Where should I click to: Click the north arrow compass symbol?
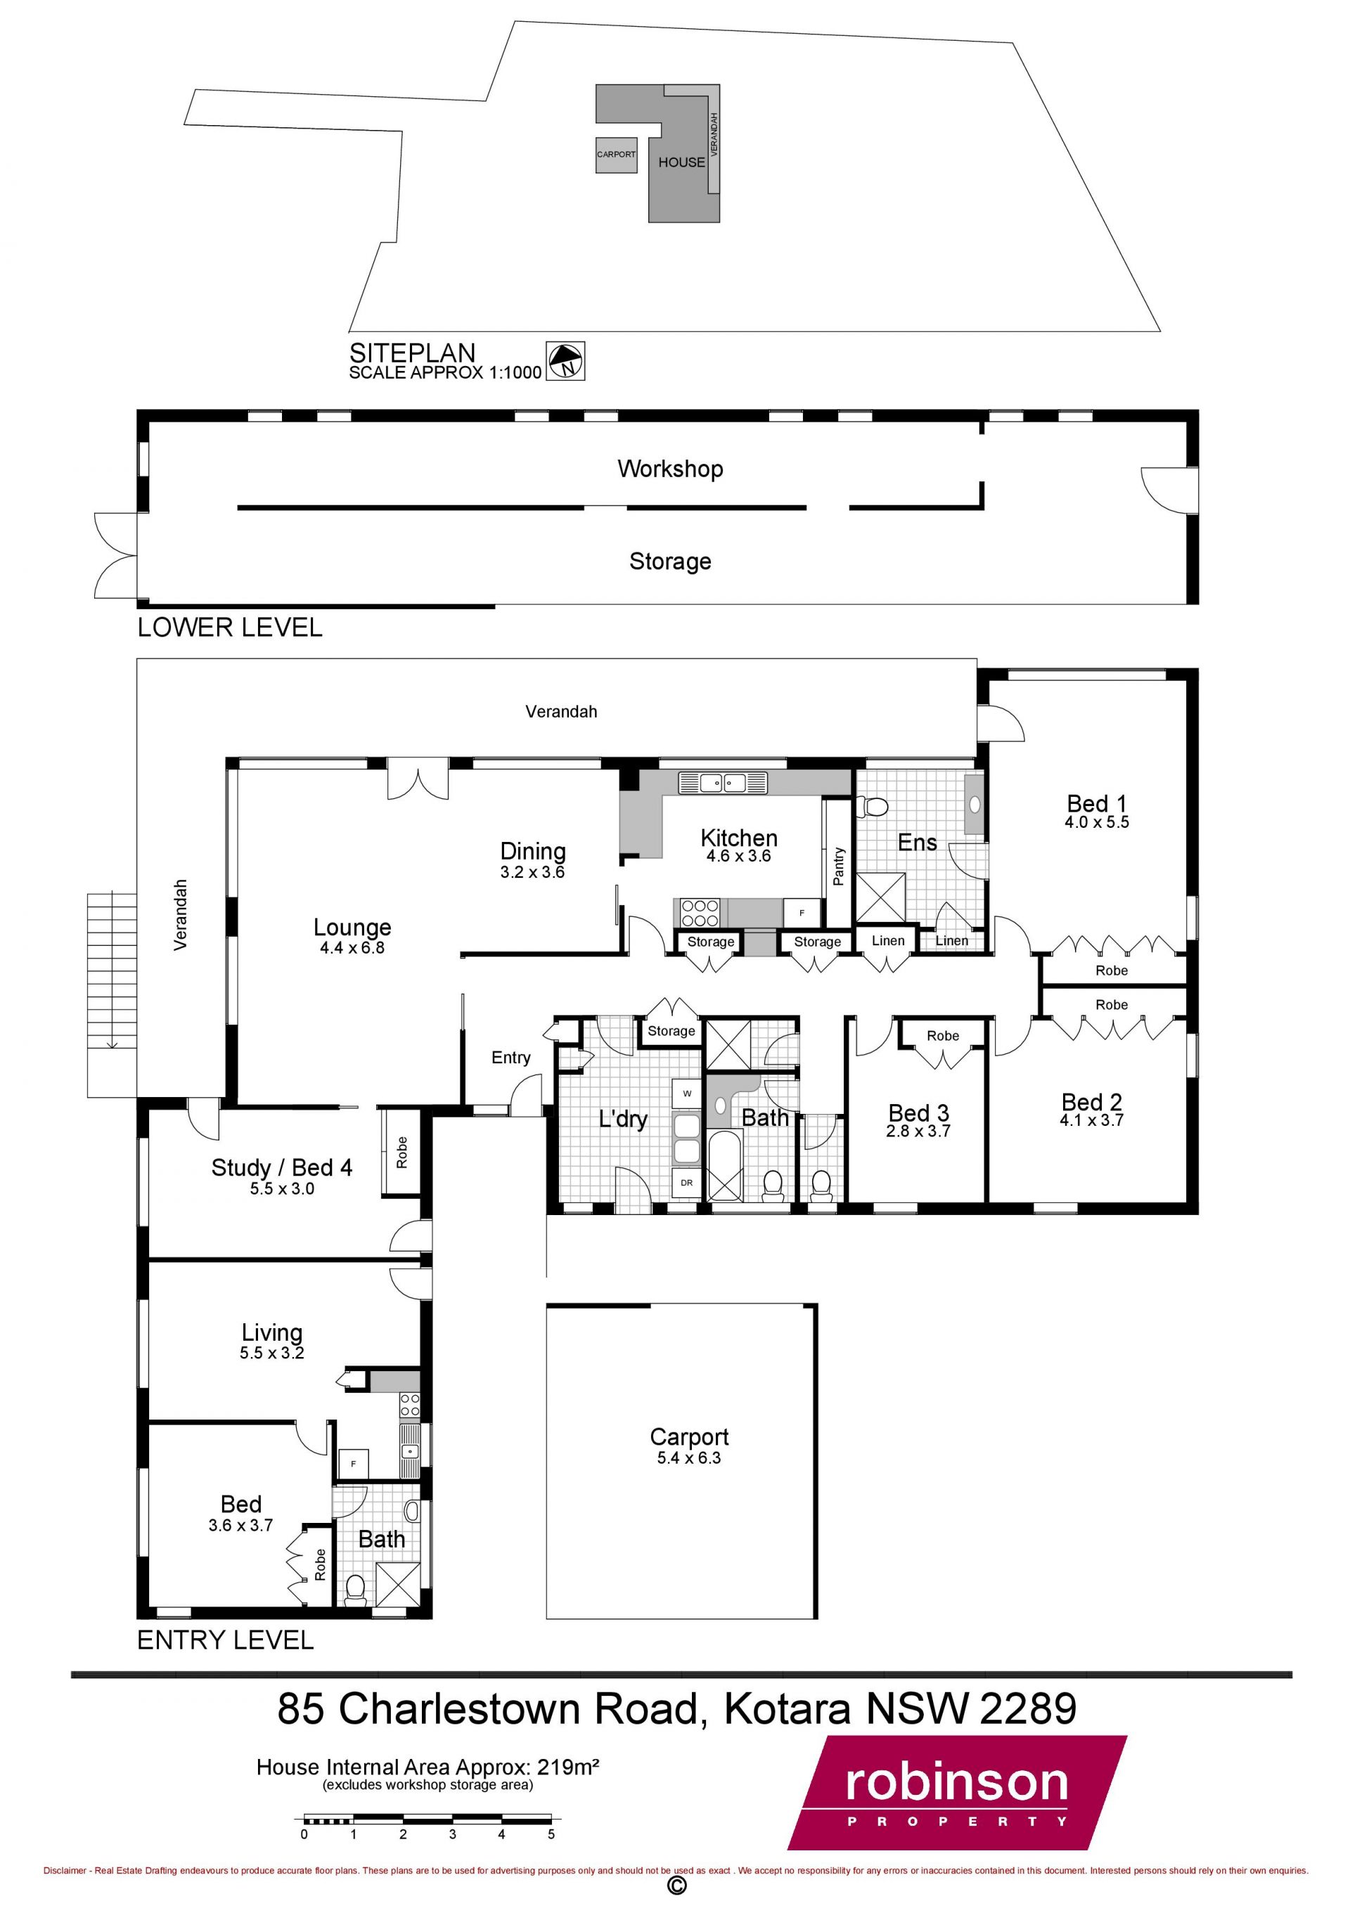565,361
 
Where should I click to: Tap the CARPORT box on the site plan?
616,155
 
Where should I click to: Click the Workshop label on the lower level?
670,469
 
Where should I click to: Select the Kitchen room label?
739,838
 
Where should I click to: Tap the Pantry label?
838,867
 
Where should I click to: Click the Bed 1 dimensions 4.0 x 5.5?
1096,822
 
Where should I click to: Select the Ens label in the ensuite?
917,842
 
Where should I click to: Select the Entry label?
510,1057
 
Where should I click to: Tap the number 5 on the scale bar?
551,1834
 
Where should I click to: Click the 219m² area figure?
567,1767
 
